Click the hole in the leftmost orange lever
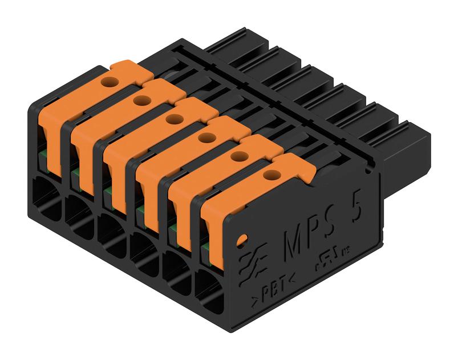tap(110, 82)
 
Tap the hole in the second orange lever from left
tap(142, 100)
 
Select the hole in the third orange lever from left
tap(174, 119)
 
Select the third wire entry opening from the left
tap(111, 235)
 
